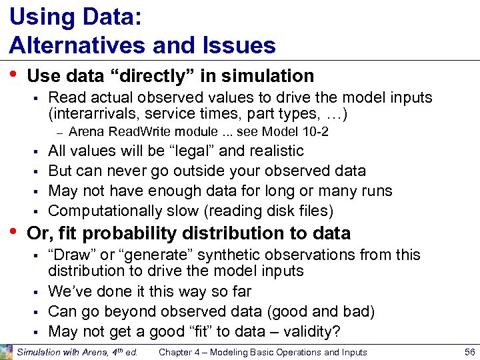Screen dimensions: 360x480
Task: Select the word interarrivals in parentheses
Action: coord(90,113)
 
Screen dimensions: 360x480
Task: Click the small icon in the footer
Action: coord(6,351)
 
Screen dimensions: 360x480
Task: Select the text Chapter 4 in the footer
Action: coord(180,352)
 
